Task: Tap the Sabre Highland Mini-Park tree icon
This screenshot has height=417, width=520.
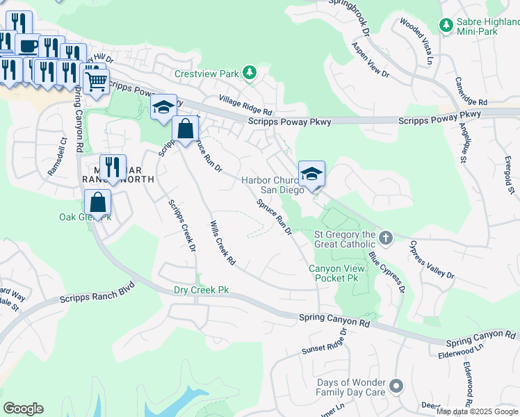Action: click(x=446, y=25)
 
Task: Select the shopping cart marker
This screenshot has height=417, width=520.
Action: click(x=96, y=81)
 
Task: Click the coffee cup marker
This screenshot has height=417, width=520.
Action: click(x=28, y=46)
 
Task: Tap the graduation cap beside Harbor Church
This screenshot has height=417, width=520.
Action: click(x=311, y=173)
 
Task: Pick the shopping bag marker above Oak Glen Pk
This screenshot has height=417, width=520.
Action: click(x=98, y=202)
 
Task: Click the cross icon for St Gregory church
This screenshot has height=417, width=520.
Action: click(x=387, y=238)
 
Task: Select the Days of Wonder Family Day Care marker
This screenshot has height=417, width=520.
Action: click(x=396, y=386)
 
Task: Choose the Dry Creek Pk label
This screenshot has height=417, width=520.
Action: click(x=201, y=290)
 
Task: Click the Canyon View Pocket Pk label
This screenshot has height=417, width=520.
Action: click(x=334, y=272)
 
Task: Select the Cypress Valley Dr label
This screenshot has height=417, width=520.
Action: click(x=432, y=260)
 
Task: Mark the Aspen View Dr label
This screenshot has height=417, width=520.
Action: click(x=370, y=59)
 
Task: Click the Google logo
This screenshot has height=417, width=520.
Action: click(x=24, y=409)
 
